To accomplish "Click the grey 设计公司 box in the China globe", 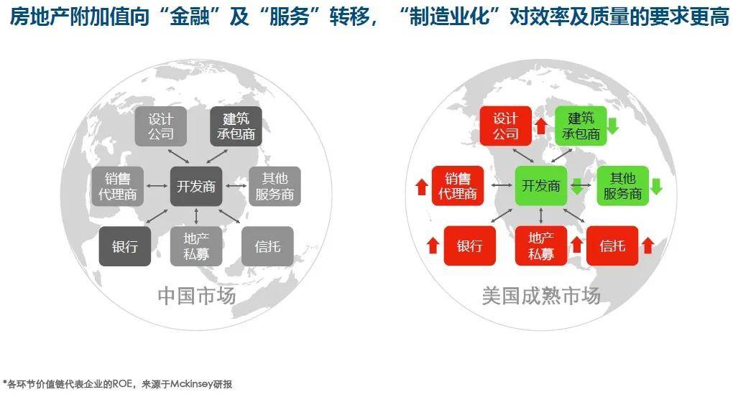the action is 161,126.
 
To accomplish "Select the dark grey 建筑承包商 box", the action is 236,126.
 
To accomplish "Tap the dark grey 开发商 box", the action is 196,187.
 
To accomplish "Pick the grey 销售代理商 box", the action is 117,187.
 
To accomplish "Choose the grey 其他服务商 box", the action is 275,187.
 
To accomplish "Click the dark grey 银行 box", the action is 125,246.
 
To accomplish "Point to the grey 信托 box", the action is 267,246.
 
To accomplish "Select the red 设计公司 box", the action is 506,126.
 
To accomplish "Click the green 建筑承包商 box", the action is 581,126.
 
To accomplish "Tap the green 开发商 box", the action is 541,185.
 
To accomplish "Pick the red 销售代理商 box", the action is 458,185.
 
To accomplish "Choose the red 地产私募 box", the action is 541,246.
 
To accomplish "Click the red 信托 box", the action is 612,246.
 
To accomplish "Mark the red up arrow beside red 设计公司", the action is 541,126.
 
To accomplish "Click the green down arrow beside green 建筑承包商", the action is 612,126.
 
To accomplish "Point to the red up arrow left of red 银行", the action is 433,246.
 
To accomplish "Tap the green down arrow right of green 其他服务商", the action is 656,186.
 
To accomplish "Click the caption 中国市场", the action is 197,296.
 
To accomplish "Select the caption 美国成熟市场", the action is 541,296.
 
